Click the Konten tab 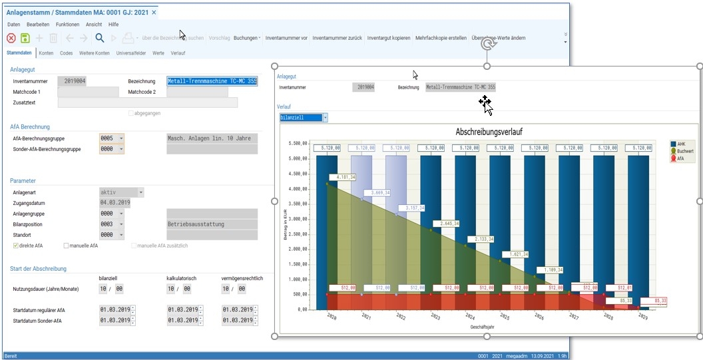point(46,53)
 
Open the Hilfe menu point(114,25)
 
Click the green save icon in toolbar point(25,38)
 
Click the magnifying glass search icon point(100,38)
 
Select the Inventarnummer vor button point(286,38)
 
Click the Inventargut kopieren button point(389,38)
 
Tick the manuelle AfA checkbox point(66,246)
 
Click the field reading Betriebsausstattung point(211,224)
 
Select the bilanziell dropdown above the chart point(304,118)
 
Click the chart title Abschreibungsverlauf point(489,132)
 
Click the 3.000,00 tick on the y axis point(296,219)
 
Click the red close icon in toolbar point(11,38)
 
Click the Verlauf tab point(178,53)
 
